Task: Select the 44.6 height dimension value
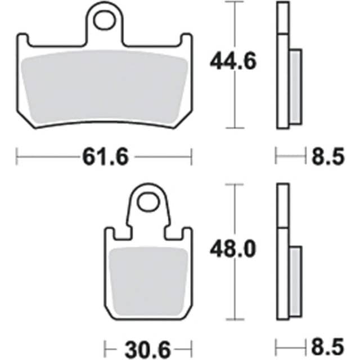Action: [233, 60]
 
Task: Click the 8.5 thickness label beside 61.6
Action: [327, 157]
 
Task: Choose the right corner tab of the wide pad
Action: [186, 40]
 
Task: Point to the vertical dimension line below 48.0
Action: [233, 292]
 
